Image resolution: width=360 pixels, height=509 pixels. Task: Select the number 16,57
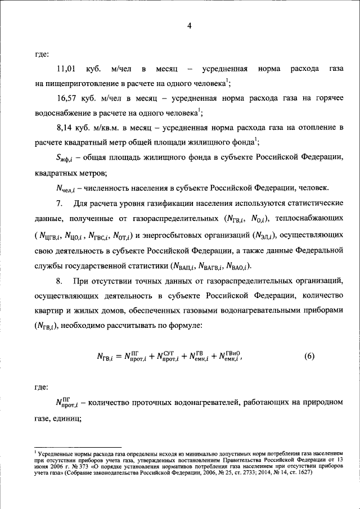coord(67,98)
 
